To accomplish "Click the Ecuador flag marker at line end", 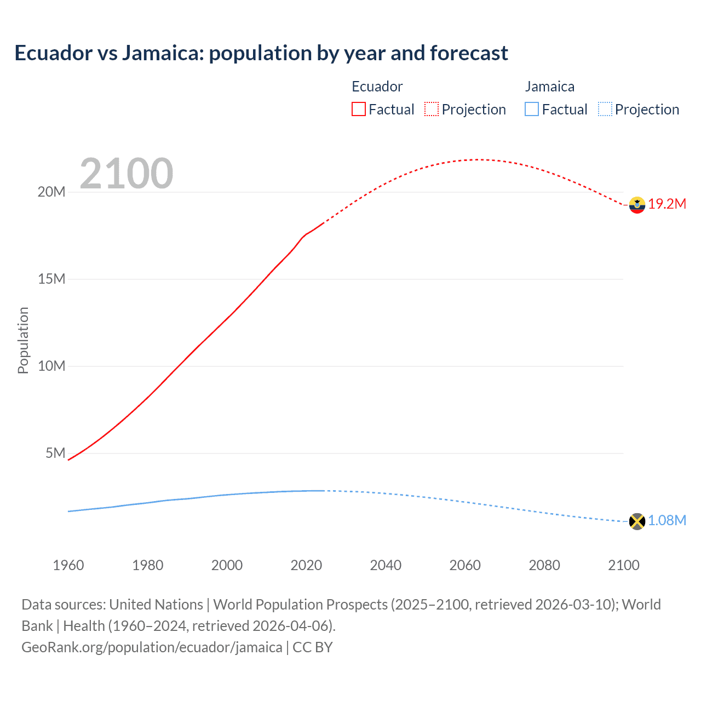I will pyautogui.click(x=637, y=205).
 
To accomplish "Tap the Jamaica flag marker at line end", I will pyautogui.click(x=637, y=521).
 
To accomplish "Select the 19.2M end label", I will pyautogui.click(x=667, y=204).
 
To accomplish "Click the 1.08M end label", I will pyautogui.click(x=667, y=520).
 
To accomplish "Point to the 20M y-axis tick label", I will pyautogui.click(x=51, y=192).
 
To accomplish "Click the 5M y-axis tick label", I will pyautogui.click(x=55, y=453).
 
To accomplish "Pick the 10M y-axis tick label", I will pyautogui.click(x=51, y=366).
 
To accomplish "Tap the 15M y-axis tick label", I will pyautogui.click(x=51, y=279).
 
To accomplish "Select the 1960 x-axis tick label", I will pyautogui.click(x=68, y=565).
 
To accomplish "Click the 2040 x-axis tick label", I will pyautogui.click(x=386, y=565).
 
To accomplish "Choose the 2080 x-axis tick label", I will pyautogui.click(x=544, y=565).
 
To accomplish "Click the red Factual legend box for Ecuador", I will pyautogui.click(x=359, y=109).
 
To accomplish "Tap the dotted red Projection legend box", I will pyautogui.click(x=432, y=109).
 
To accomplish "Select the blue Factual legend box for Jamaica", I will pyautogui.click(x=532, y=109).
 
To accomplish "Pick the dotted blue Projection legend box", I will pyautogui.click(x=605, y=109).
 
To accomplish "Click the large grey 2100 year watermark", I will pyautogui.click(x=127, y=174).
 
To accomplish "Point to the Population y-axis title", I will pyautogui.click(x=23, y=340).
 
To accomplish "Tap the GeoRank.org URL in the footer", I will pyautogui.click(x=152, y=647).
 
